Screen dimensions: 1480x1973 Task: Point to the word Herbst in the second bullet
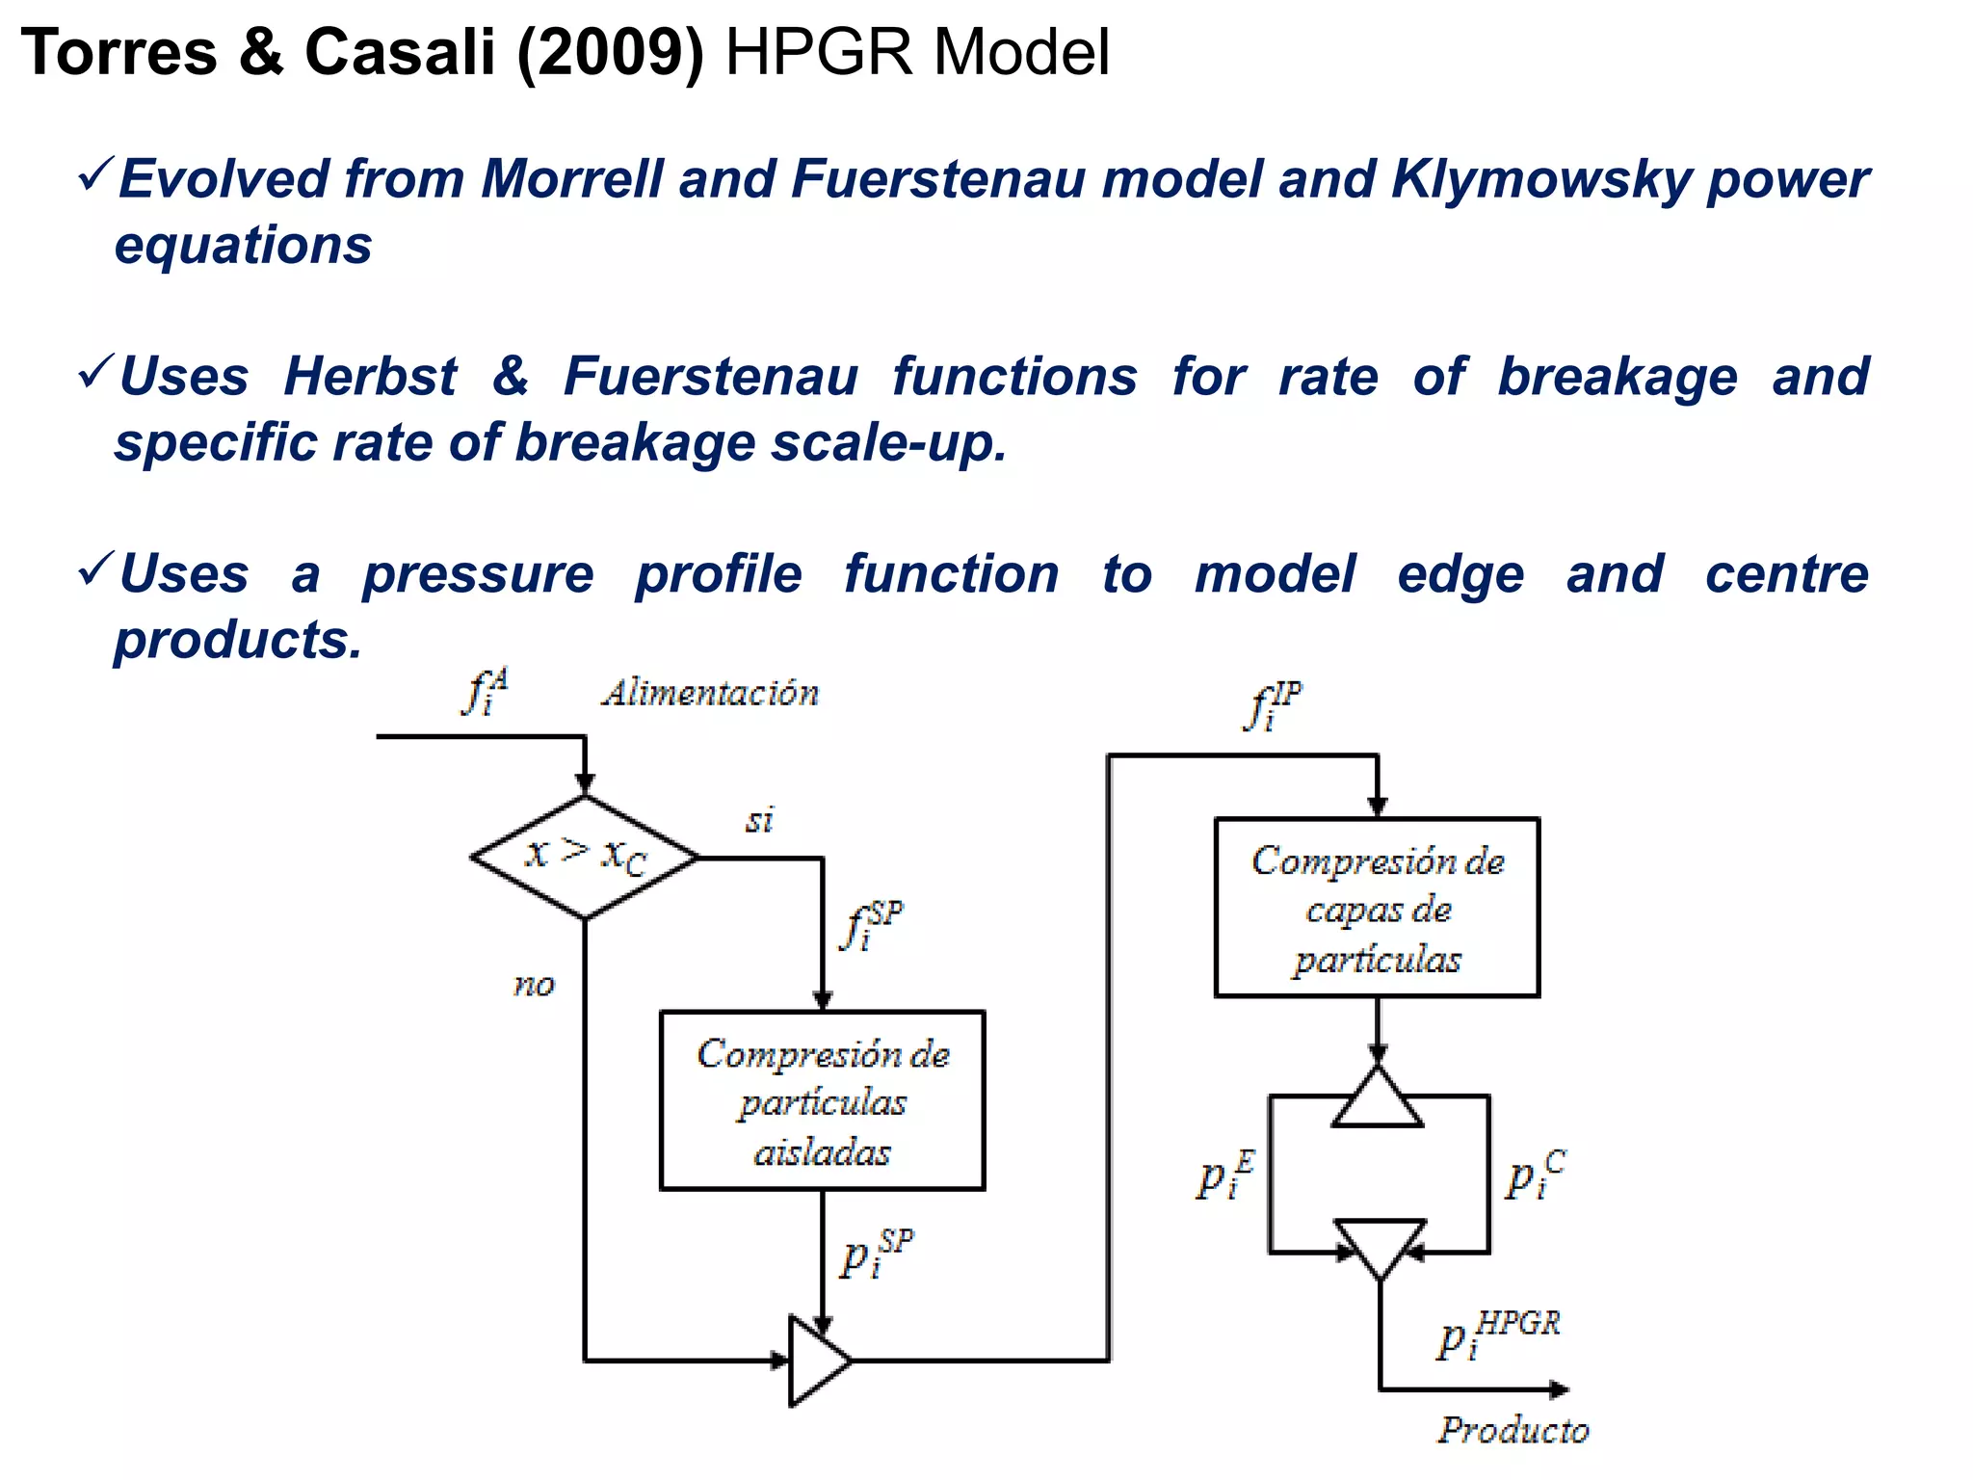pyautogui.click(x=370, y=377)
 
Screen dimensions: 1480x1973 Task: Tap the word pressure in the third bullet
pyautogui.click(x=478, y=575)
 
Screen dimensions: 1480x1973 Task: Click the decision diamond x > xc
pyautogui.click(x=585, y=856)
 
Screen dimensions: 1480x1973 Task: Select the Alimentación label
pyautogui.click(x=711, y=694)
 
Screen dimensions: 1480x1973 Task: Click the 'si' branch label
pyautogui.click(x=759, y=820)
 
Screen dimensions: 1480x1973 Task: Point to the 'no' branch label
pyautogui.click(x=534, y=985)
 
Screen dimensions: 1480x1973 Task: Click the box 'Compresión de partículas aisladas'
pyautogui.click(x=822, y=1100)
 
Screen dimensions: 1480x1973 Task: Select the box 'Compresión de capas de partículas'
pyautogui.click(x=1377, y=908)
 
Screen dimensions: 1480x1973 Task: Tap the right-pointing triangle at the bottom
pyautogui.click(x=815, y=1361)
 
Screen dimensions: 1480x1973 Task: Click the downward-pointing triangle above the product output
pyautogui.click(x=1380, y=1245)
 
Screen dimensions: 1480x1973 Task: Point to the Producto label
pyautogui.click(x=1513, y=1430)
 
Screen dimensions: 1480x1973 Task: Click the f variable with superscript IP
pyautogui.click(x=1273, y=706)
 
